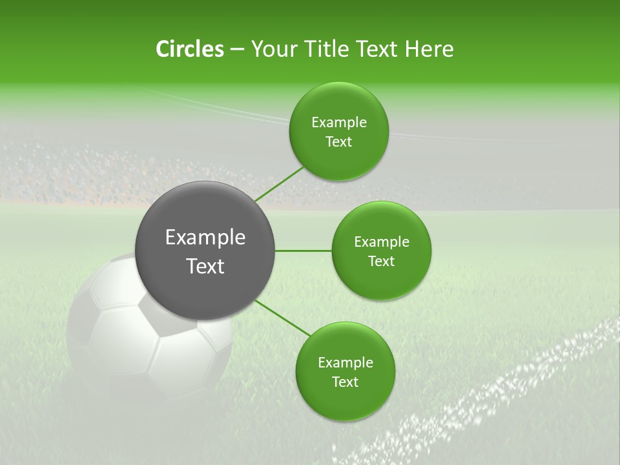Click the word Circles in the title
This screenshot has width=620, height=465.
(x=189, y=49)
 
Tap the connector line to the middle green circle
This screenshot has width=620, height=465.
(x=303, y=250)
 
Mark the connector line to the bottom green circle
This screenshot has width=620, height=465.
(x=282, y=318)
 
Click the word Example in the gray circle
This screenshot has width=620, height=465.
(x=205, y=238)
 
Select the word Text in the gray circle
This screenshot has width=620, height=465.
(x=205, y=266)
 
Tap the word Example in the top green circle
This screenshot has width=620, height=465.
(x=339, y=123)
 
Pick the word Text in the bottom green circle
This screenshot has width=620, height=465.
(x=345, y=382)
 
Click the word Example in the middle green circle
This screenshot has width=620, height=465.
(x=382, y=242)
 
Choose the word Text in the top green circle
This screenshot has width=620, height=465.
(x=338, y=142)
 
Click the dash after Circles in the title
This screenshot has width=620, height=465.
(x=236, y=50)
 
